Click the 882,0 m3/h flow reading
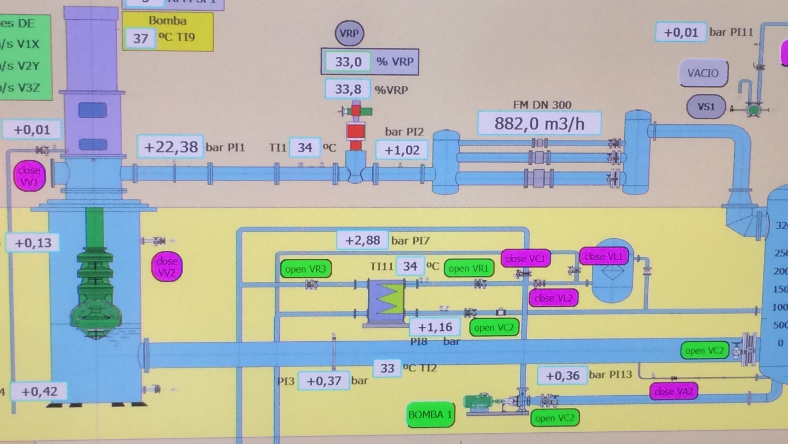pyautogui.click(x=539, y=124)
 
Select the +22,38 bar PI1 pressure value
pyautogui.click(x=171, y=147)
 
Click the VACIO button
pyautogui.click(x=703, y=73)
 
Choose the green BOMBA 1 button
pyautogui.click(x=430, y=415)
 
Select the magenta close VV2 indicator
pyautogui.click(x=167, y=266)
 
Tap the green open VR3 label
pyautogui.click(x=306, y=269)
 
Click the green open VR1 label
pyautogui.click(x=469, y=269)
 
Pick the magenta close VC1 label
pyautogui.click(x=525, y=259)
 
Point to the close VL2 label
pyautogui.click(x=553, y=298)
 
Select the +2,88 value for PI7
pyautogui.click(x=362, y=240)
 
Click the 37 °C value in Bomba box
pyautogui.click(x=140, y=38)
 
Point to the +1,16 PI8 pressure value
pyautogui.click(x=435, y=327)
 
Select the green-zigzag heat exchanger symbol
pyautogui.click(x=386, y=299)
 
